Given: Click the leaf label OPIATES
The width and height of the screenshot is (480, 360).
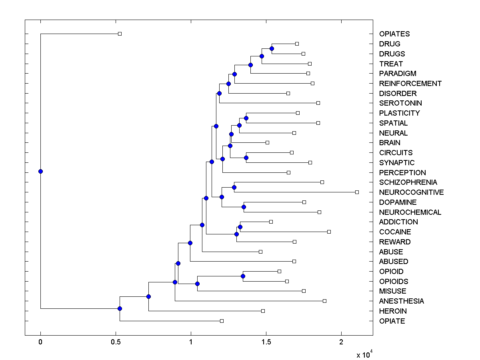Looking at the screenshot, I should pyautogui.click(x=394, y=34).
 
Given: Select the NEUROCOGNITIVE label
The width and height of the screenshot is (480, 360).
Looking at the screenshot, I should pyautogui.click(x=411, y=192).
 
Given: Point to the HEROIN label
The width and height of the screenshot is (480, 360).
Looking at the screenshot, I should pyautogui.click(x=393, y=311).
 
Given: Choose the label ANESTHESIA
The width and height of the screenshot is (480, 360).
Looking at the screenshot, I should pyautogui.click(x=401, y=301).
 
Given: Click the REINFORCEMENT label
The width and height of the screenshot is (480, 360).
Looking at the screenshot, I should pyautogui.click(x=410, y=84).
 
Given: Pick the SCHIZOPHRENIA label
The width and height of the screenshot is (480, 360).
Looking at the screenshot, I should pyautogui.click(x=408, y=182).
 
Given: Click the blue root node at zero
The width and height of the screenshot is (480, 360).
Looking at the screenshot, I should pyautogui.click(x=40, y=172).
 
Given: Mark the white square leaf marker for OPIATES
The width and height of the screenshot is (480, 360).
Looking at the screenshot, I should pyautogui.click(x=120, y=34).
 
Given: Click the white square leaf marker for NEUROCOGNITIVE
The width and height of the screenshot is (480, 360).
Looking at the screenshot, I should pyautogui.click(x=357, y=192).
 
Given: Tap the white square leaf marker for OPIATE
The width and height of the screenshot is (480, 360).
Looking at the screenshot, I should pyautogui.click(x=222, y=321).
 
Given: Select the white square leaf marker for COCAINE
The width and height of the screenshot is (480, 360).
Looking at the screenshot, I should pyautogui.click(x=329, y=232).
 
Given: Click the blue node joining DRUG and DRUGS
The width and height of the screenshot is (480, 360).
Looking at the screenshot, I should pyautogui.click(x=272, y=48).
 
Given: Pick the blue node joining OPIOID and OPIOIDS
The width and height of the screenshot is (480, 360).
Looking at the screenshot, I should pyautogui.click(x=243, y=276).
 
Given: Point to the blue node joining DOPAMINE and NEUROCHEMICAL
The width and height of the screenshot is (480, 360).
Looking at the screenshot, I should pyautogui.click(x=244, y=207).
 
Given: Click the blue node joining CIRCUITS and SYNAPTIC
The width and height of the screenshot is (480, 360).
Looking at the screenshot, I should pyautogui.click(x=246, y=158).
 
